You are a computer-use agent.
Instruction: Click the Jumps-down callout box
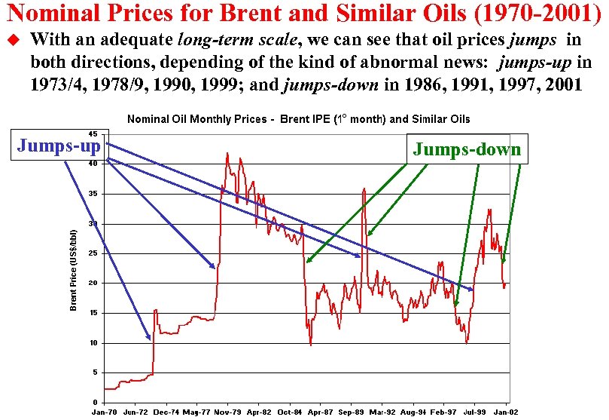point(467,149)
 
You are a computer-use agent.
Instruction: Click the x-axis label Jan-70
point(104,413)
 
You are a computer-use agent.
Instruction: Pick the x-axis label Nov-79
point(227,413)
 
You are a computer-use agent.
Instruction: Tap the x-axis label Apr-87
point(321,413)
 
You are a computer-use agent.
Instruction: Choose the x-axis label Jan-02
point(507,413)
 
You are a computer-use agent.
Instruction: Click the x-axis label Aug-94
point(413,413)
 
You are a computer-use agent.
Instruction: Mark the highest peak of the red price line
point(227,153)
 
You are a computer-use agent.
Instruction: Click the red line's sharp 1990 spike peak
point(364,189)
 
